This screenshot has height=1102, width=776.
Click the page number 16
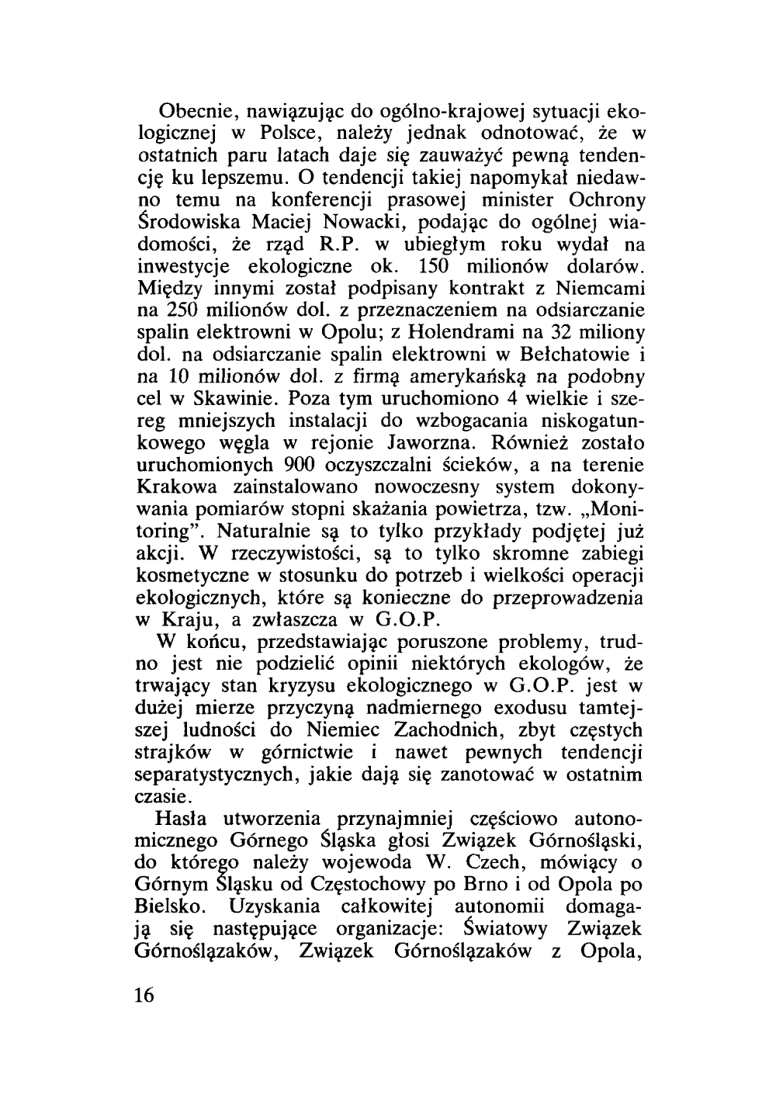tap(145, 996)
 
